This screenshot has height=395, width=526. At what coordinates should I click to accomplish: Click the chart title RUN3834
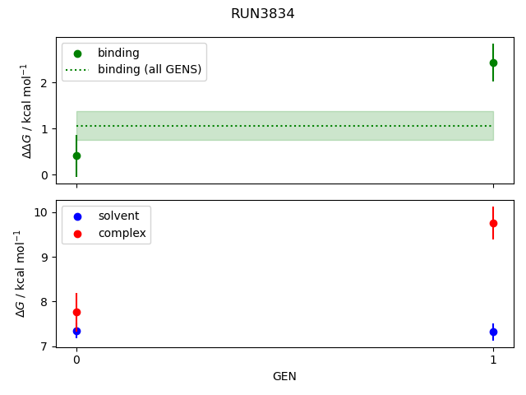tap(263, 14)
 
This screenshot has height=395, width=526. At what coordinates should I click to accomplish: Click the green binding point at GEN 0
tap(76, 156)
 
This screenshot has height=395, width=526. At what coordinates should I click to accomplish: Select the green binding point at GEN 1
tap(493, 63)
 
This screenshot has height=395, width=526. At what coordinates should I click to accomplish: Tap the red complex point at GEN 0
tap(76, 312)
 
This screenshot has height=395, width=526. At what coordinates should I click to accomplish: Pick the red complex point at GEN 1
tap(493, 223)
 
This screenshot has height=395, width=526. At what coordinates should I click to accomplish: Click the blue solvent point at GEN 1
tap(493, 332)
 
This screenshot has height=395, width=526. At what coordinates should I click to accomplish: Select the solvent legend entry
tap(118, 216)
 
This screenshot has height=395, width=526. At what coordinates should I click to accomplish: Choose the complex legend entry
tap(122, 233)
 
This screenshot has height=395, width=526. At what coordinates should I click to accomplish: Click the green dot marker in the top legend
tap(77, 53)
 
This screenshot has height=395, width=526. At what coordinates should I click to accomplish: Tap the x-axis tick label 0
tap(76, 360)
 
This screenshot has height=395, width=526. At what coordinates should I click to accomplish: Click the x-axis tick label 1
tap(493, 360)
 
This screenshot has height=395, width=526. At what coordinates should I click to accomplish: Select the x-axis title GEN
tap(284, 376)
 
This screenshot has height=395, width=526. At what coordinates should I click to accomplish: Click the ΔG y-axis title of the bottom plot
tap(21, 273)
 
